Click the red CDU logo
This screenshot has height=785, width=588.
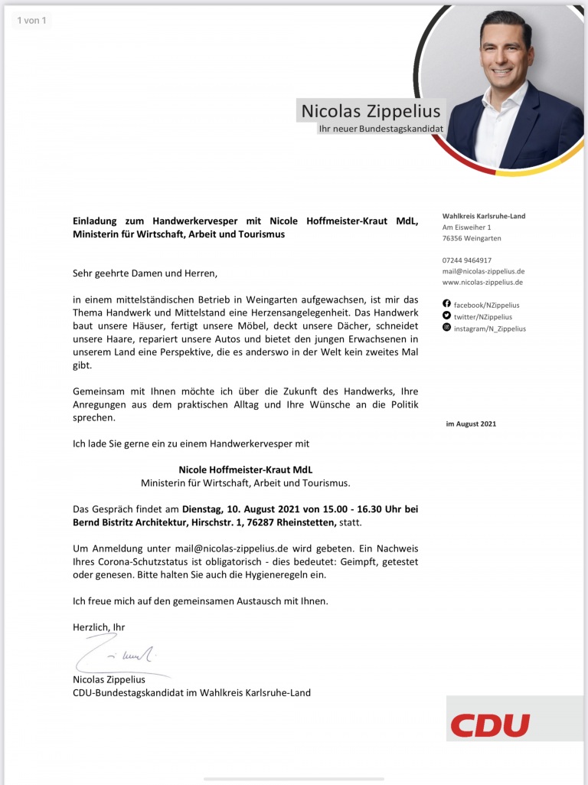tap(490, 724)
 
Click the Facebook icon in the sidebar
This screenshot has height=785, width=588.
tap(447, 305)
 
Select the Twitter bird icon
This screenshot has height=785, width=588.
tap(447, 316)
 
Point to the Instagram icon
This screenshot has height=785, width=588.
tap(447, 328)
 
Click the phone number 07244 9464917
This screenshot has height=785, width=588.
tap(467, 260)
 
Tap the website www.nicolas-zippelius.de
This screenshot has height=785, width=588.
tap(482, 283)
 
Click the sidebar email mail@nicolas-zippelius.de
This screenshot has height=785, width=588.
tap(483, 271)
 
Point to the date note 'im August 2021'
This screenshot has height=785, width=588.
tap(471, 424)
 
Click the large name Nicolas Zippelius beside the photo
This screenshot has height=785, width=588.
tap(371, 110)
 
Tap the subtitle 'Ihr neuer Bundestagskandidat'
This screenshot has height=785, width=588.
tap(381, 129)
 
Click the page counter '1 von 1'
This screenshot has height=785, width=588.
tap(31, 20)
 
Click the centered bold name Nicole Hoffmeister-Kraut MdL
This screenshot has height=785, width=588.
tap(246, 469)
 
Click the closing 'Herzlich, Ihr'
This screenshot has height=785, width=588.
tap(99, 626)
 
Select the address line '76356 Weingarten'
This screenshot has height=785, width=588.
tap(472, 238)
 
